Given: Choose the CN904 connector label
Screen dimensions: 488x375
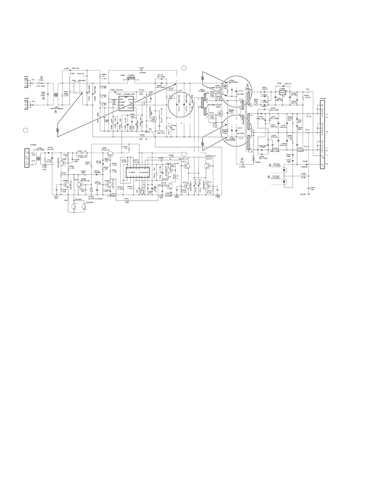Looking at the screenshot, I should point(322,99).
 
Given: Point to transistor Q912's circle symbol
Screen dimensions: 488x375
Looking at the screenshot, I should point(208,166).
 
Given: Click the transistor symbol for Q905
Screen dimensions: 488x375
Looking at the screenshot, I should point(66,184).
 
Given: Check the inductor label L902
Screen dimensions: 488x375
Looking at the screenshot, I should point(122,75).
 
